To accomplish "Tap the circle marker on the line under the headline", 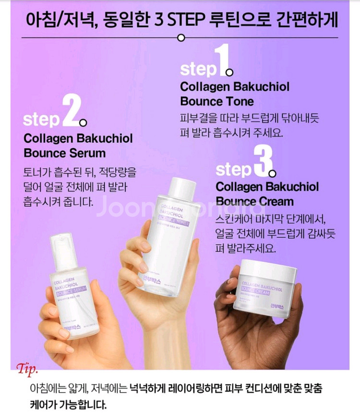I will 181,37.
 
